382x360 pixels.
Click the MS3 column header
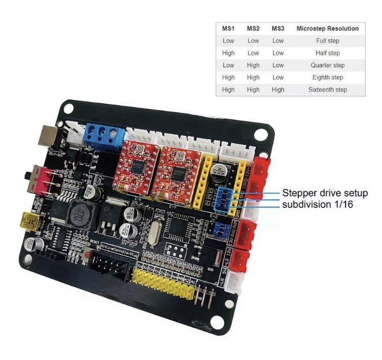278,29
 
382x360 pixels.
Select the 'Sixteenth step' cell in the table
328,90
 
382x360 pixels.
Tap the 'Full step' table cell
328,41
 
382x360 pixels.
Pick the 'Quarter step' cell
328,65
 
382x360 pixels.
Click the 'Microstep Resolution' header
328,29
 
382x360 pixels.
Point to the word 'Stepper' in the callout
300,193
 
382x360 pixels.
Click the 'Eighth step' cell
328,77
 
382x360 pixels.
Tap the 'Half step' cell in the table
328,53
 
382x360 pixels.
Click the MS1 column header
228,29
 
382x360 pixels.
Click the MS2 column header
253,29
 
